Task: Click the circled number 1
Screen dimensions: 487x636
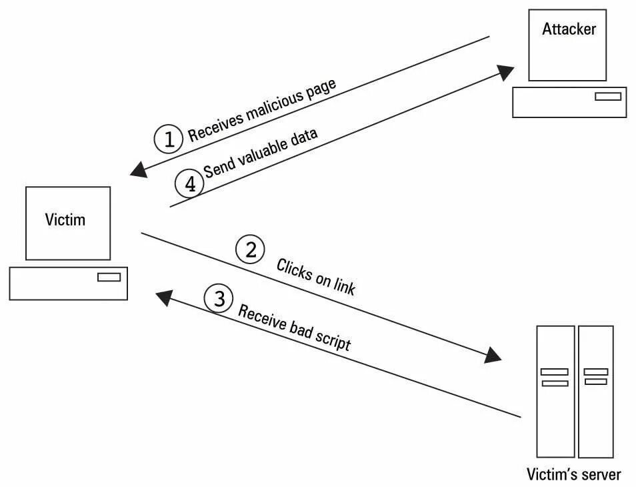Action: coord(168,139)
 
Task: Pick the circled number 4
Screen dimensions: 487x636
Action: coord(189,182)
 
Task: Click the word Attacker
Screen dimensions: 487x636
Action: coord(569,29)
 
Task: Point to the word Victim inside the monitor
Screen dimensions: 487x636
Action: coord(65,219)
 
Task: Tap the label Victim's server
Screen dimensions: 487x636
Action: coord(573,474)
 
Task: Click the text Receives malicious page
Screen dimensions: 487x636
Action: coord(262,110)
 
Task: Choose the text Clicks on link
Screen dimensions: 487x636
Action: coord(316,276)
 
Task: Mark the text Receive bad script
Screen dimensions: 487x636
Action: coord(294,328)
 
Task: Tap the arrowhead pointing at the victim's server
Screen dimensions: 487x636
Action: coord(493,356)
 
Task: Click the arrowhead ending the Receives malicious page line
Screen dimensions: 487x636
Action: coord(139,169)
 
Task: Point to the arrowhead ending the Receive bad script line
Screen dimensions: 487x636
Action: coord(163,298)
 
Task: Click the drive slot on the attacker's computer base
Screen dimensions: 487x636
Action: coord(607,97)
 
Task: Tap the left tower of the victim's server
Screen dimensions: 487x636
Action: coord(555,391)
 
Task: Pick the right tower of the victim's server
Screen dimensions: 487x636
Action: coord(595,391)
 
